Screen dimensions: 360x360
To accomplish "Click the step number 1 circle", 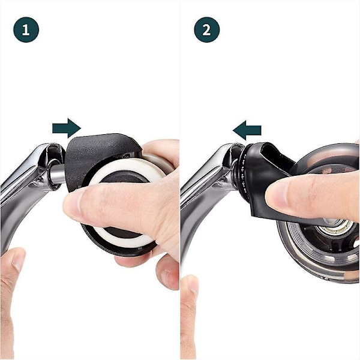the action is [26, 29].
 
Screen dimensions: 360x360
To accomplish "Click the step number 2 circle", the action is [207, 29].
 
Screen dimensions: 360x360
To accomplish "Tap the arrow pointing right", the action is [67, 128].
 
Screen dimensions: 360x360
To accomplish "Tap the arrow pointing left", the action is [247, 130].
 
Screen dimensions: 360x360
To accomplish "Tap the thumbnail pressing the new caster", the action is [275, 194].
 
